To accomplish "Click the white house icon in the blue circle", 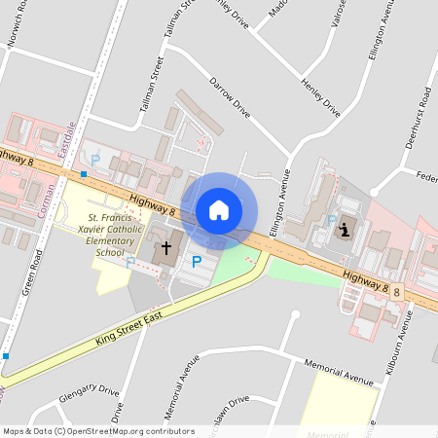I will tap(219, 209).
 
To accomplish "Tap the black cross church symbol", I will tap(165, 248).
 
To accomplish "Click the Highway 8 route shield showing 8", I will tap(397, 290).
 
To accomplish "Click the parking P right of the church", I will tap(197, 261).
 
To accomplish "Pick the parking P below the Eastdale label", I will tap(94, 159).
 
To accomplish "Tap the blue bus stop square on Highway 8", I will tap(85, 175).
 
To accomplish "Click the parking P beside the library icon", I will tap(331, 220).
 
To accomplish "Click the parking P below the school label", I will tap(130, 261).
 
